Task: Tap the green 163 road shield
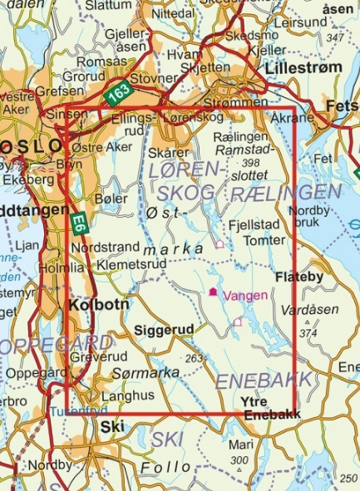click(x=117, y=94)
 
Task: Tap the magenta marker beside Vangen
click(x=214, y=292)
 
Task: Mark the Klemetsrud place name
click(x=127, y=263)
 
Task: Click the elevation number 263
click(x=195, y=358)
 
